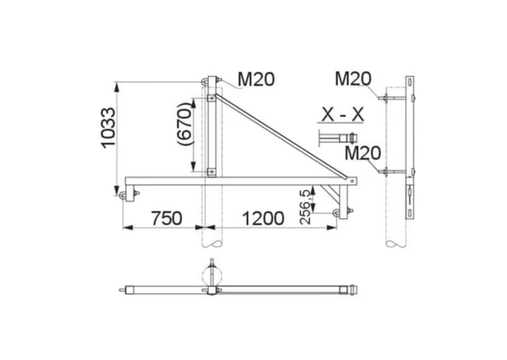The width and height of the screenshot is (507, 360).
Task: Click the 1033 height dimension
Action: (x=108, y=128)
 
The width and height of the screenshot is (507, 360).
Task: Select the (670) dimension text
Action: (x=186, y=124)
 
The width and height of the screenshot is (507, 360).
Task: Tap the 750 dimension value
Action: (x=166, y=218)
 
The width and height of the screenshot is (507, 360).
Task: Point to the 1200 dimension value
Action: (x=263, y=218)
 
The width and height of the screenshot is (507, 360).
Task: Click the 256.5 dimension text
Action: (x=306, y=207)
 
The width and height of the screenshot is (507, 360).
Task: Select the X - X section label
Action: (x=343, y=114)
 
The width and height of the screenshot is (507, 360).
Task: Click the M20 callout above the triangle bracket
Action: (x=256, y=79)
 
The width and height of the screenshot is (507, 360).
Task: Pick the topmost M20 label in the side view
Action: (x=353, y=79)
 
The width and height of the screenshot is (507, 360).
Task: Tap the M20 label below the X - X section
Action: (x=363, y=153)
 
